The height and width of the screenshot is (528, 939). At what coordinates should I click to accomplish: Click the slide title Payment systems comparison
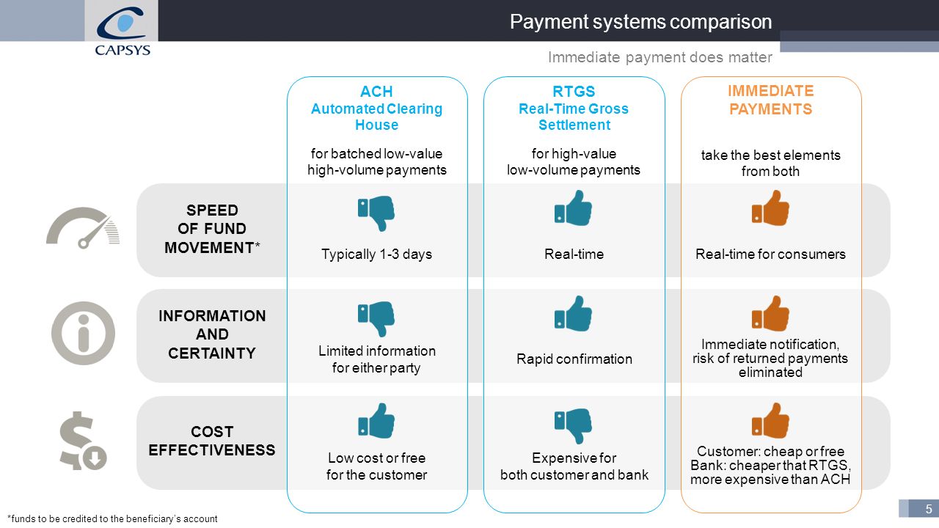click(640, 22)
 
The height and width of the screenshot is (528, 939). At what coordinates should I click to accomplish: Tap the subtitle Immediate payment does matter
click(660, 57)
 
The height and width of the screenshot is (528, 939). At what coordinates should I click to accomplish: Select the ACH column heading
click(376, 108)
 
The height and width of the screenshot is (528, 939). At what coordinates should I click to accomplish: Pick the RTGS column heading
click(574, 108)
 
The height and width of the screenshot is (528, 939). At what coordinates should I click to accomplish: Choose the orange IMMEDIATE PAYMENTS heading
click(770, 100)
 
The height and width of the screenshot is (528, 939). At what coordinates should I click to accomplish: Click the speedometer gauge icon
click(83, 227)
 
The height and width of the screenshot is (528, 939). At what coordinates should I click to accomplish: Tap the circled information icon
click(83, 333)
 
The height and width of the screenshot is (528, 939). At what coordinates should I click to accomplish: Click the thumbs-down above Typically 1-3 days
click(376, 213)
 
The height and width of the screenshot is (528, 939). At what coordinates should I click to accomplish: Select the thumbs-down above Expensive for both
click(573, 426)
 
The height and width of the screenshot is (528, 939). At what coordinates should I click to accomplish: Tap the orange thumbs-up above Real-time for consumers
click(770, 208)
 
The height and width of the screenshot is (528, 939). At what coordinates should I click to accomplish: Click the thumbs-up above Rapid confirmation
click(573, 314)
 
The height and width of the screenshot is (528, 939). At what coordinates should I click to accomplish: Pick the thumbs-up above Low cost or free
click(376, 421)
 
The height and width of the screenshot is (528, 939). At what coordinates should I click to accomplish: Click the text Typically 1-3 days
click(376, 254)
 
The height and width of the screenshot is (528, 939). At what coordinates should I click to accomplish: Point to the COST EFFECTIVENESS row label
click(212, 441)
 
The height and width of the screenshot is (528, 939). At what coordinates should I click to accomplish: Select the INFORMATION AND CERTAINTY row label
click(212, 334)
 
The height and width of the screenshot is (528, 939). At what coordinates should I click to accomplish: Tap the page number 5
click(929, 509)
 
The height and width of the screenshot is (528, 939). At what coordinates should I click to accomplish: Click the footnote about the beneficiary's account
click(112, 518)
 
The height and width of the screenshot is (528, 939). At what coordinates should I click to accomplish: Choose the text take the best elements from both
click(770, 164)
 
